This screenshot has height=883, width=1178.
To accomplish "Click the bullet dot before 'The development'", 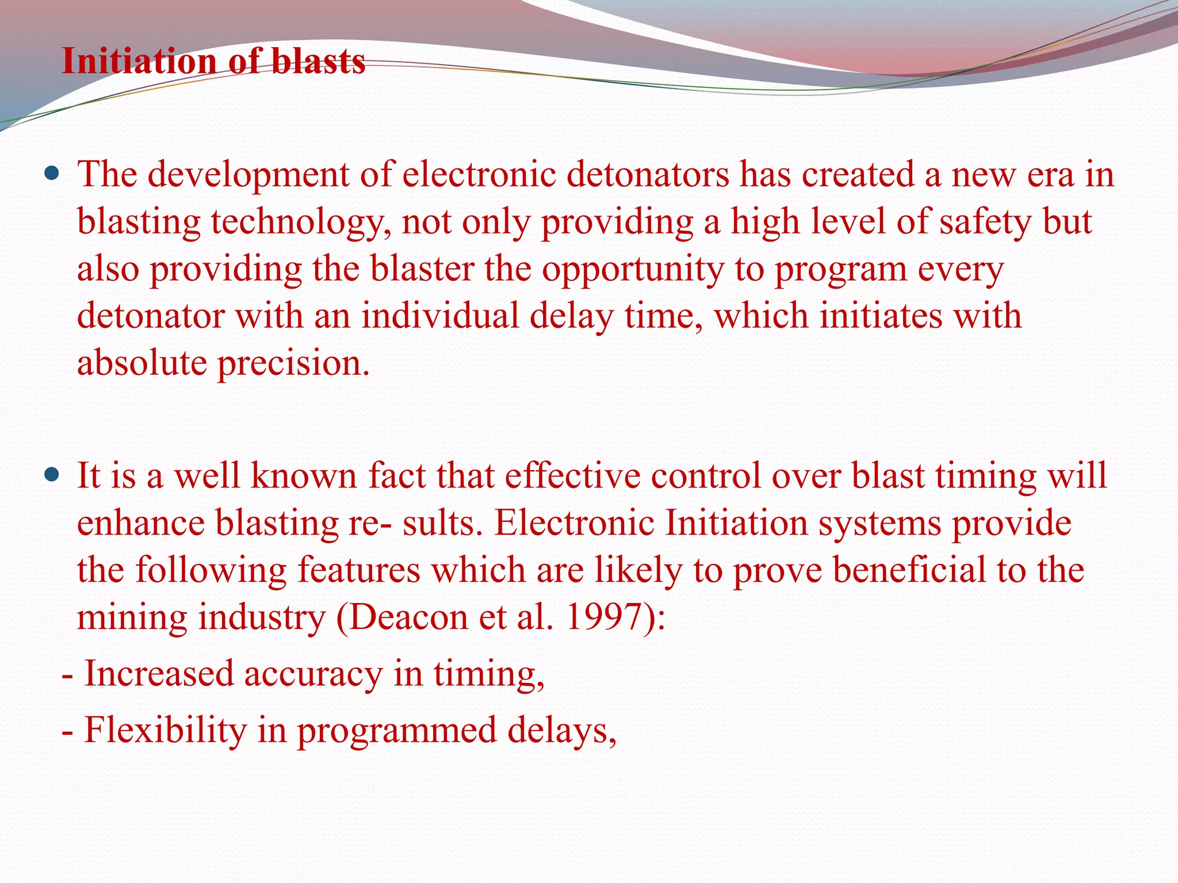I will point(52,173).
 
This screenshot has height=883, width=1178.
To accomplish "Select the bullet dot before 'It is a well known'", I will point(52,475).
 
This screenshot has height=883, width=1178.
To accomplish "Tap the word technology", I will point(297,223).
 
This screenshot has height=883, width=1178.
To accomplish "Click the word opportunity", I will point(633,270).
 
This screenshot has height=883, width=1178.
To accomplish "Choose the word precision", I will point(293,364).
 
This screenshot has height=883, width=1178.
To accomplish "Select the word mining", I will point(133,618).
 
